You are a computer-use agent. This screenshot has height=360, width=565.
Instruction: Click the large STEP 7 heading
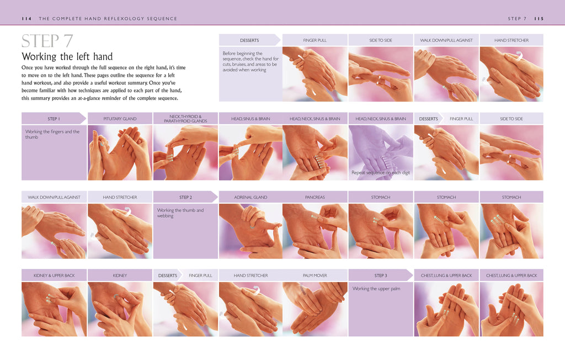[47, 42]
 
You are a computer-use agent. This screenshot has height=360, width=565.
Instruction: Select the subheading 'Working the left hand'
[67, 57]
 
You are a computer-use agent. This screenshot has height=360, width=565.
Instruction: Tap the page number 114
[26, 19]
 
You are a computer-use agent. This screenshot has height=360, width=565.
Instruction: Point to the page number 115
[539, 19]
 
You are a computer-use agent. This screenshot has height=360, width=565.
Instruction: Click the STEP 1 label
[54, 119]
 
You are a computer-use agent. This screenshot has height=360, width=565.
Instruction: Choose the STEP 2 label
[185, 197]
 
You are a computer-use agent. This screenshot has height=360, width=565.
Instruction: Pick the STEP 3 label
[380, 276]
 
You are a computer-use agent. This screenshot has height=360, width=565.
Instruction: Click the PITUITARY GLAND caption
[120, 119]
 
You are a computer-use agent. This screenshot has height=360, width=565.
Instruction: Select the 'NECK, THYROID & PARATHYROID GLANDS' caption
[185, 119]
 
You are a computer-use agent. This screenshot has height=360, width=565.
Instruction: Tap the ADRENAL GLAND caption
[250, 197]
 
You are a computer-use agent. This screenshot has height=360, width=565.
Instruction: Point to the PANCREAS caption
[315, 197]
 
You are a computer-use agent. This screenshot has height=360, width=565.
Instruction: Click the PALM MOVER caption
[315, 276]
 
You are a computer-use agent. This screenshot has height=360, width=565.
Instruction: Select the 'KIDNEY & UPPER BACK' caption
[54, 276]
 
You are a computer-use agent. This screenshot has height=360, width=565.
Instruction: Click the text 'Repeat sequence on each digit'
[380, 173]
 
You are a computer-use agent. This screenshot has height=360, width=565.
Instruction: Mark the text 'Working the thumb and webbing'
[180, 213]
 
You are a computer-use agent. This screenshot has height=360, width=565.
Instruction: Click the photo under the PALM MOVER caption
[315, 309]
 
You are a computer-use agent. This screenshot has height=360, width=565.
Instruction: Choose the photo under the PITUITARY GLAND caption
[120, 152]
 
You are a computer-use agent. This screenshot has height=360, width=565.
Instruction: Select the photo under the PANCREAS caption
[315, 231]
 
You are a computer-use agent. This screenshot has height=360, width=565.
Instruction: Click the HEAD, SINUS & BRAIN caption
[250, 119]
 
